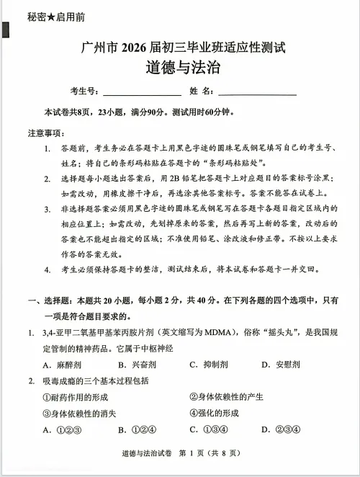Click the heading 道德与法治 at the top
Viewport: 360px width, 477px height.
tap(179, 69)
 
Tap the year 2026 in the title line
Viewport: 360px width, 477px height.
tap(135, 48)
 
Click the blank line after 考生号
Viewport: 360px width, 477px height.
tap(142, 92)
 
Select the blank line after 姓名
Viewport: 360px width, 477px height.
tap(257, 92)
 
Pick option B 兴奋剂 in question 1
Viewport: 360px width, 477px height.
tap(134, 365)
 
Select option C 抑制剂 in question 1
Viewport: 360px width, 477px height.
tap(208, 365)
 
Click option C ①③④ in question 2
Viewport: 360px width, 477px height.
tap(209, 430)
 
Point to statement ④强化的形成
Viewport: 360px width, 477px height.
tap(214, 413)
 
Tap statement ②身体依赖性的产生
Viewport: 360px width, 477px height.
tap(226, 397)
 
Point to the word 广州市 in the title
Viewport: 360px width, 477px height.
tap(99, 48)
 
